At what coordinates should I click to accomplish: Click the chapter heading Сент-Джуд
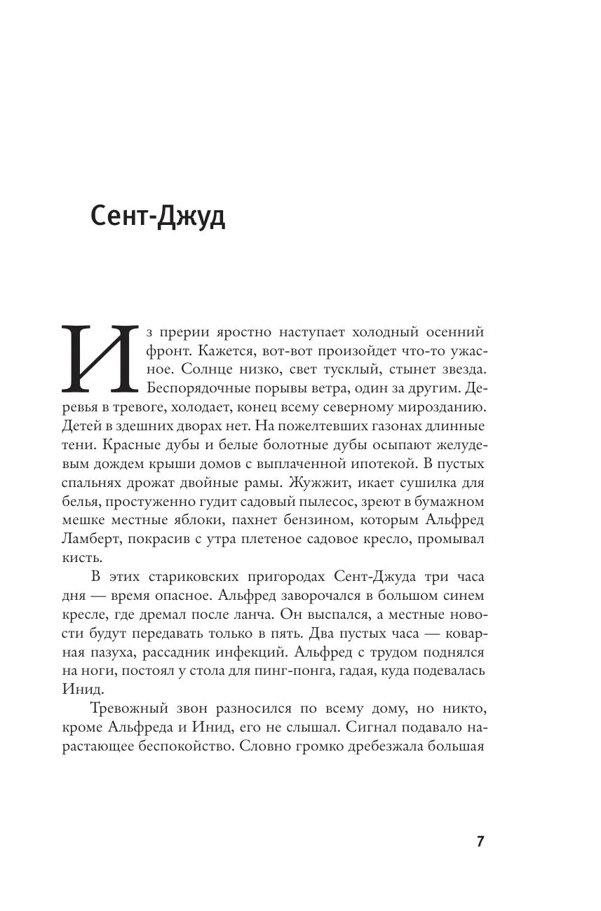coord(158,218)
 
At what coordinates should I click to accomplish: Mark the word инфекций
coord(251,652)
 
